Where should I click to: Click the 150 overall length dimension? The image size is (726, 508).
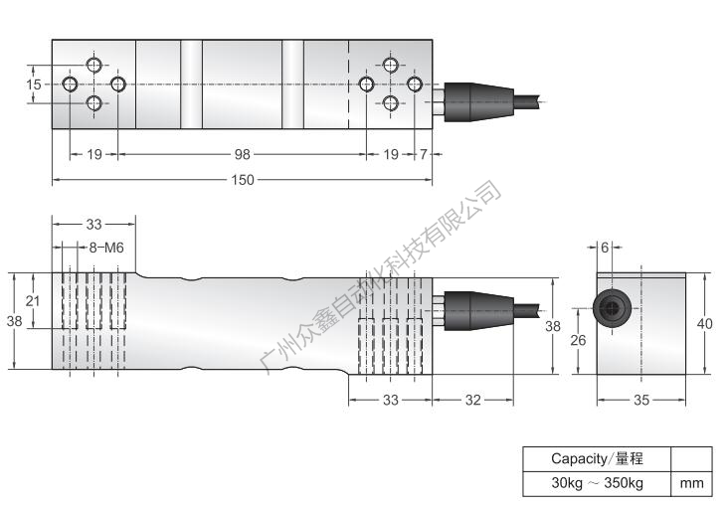pos(243,180)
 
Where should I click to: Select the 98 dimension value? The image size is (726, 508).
pos(243,155)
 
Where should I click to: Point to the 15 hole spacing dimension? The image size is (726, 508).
pos(34,85)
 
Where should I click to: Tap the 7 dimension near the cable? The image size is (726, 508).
pos(425,155)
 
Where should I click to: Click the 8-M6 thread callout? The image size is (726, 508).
pos(105,248)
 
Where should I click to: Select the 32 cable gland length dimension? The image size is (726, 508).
pos(472,400)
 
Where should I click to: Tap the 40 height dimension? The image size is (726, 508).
pos(706,322)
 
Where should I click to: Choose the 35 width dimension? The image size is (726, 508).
pos(640,400)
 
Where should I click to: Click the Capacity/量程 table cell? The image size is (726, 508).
pos(597,459)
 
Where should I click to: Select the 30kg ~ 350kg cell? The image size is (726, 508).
pos(597,484)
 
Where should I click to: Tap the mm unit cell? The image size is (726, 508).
pos(692,484)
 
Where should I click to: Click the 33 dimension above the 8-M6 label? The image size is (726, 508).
pos(92,224)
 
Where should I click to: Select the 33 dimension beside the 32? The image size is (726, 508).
pos(390,400)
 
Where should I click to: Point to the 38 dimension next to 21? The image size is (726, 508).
pos(14,321)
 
